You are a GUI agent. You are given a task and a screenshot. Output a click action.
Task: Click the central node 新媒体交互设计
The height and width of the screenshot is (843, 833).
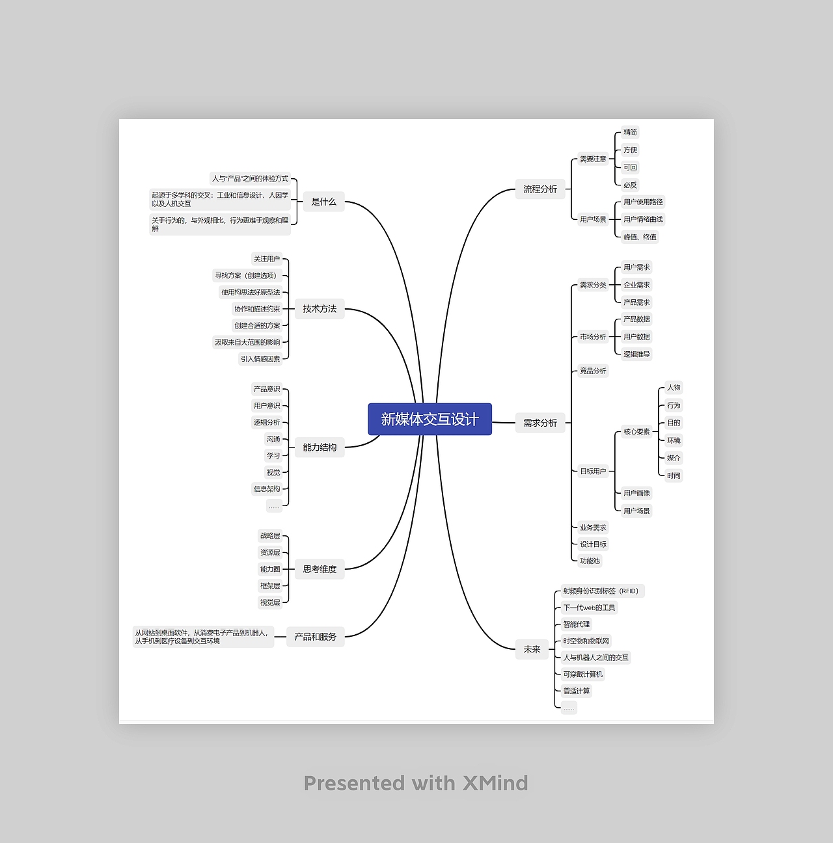(x=430, y=420)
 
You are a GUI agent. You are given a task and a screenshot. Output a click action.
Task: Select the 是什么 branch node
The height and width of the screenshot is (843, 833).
(x=323, y=202)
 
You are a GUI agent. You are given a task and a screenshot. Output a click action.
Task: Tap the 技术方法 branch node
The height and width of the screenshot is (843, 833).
(x=320, y=309)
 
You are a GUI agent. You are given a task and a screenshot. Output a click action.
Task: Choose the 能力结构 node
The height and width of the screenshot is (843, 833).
(x=320, y=448)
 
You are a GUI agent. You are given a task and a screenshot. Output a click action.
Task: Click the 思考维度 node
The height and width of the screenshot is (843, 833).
(x=320, y=569)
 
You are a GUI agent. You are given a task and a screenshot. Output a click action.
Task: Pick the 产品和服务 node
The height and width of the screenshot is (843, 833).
(x=316, y=637)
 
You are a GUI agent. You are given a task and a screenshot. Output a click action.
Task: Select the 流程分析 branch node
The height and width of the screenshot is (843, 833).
(x=540, y=189)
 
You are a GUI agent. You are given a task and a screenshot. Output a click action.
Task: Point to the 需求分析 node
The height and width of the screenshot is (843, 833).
(x=540, y=423)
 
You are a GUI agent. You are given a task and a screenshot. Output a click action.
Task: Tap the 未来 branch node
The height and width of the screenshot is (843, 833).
(x=532, y=649)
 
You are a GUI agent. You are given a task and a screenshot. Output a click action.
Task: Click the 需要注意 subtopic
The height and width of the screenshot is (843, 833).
(x=593, y=159)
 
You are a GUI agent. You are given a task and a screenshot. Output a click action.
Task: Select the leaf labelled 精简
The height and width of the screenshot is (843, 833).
(x=630, y=132)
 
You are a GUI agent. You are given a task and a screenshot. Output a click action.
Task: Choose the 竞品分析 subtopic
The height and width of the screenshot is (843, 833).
(x=593, y=371)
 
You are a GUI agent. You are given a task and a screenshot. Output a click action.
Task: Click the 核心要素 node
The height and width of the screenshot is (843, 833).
(x=636, y=431)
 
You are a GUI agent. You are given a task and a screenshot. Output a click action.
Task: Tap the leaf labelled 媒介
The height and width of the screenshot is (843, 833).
(x=674, y=458)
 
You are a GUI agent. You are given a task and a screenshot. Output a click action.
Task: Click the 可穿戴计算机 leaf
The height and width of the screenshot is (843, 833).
(x=583, y=675)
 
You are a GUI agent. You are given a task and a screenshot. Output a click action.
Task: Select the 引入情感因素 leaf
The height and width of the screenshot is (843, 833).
(x=260, y=359)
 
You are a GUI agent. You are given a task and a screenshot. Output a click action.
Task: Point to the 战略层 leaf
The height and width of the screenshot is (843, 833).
(x=270, y=536)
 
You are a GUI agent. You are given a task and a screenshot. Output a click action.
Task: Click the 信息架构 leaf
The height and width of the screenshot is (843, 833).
(x=267, y=489)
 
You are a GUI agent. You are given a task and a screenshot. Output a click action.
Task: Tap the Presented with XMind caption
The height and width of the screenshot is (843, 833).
(x=416, y=783)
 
